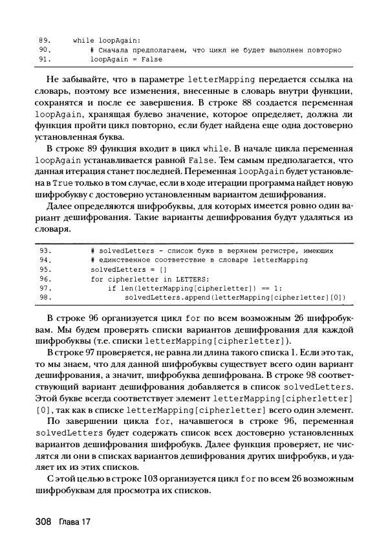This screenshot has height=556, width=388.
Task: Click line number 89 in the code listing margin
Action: (x=45, y=39)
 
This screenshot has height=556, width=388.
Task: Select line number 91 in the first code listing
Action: (x=45, y=59)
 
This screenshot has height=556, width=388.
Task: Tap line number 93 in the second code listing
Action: (x=45, y=250)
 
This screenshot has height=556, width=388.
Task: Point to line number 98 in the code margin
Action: (x=45, y=298)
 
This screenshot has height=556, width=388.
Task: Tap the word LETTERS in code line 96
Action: (x=177, y=279)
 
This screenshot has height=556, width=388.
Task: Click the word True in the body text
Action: (x=69, y=184)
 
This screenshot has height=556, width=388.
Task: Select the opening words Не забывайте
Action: (x=74, y=80)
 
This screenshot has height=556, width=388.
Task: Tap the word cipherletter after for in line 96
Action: (x=128, y=279)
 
